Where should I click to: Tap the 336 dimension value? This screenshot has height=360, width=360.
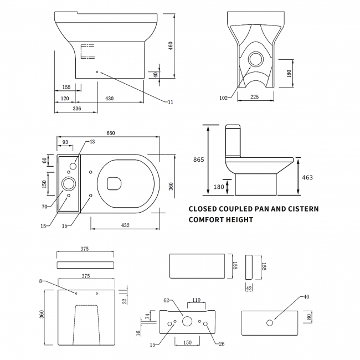(76, 109)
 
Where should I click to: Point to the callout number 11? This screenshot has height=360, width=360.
(170, 102)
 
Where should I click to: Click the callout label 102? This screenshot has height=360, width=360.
(223, 98)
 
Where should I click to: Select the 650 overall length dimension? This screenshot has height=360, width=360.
(111, 133)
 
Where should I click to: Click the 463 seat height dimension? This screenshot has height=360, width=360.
(307, 177)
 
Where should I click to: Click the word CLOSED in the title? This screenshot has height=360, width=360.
(206, 209)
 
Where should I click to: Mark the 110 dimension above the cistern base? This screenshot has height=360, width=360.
(196, 300)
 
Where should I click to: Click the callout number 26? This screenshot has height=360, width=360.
(222, 344)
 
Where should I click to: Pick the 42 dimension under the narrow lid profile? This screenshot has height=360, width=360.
(249, 288)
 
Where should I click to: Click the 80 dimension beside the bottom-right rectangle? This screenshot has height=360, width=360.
(308, 318)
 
